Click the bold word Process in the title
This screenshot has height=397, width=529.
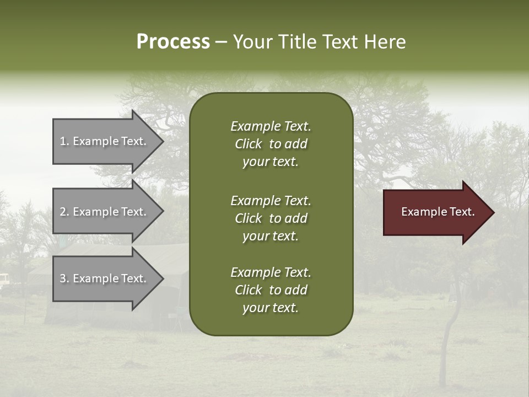(173, 42)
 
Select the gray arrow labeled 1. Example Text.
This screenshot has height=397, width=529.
(105, 141)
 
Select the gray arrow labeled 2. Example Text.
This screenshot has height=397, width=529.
(105, 212)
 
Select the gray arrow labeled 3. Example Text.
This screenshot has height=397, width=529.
(105, 278)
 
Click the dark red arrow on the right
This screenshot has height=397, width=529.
(435, 212)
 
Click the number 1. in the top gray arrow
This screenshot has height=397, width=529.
(64, 141)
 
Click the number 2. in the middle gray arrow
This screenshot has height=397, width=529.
(64, 212)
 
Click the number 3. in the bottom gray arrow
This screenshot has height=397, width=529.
(64, 278)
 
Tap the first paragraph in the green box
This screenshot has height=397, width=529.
(271, 144)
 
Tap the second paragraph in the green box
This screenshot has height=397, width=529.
(271, 218)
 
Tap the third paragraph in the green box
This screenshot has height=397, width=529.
(271, 290)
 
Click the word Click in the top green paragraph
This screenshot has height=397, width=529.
(249, 144)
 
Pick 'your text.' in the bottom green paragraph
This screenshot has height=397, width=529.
(271, 308)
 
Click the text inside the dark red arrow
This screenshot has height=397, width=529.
(438, 212)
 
